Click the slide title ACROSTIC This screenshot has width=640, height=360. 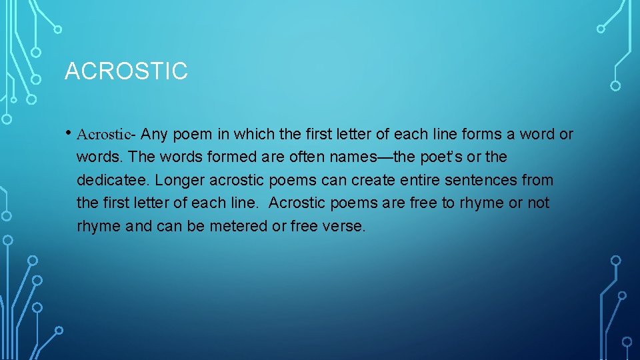tap(126, 71)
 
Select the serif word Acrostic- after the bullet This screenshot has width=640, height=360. tap(107, 134)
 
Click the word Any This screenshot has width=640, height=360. tap(155, 134)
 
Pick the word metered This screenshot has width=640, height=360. tap(237, 226)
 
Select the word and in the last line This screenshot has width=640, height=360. tap(139, 226)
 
